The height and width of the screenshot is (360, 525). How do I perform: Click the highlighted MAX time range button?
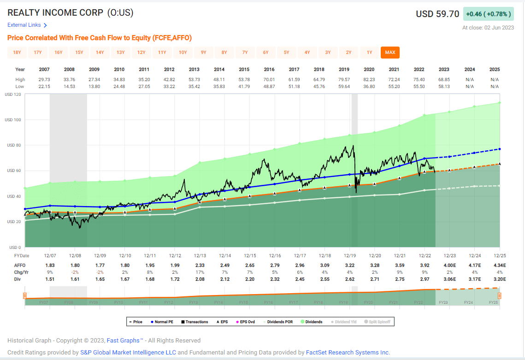[x=390, y=53]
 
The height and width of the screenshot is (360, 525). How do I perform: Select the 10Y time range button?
[x=183, y=53]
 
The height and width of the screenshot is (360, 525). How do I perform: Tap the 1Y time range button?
[x=369, y=53]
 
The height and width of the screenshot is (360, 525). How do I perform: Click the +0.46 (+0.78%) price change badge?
[x=488, y=14]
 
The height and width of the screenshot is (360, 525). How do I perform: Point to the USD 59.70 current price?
[x=437, y=14]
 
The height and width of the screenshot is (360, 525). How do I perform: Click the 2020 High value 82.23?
[x=369, y=80]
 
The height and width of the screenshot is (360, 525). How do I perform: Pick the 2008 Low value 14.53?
[x=69, y=86]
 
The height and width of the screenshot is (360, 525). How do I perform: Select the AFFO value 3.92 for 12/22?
[x=419, y=266]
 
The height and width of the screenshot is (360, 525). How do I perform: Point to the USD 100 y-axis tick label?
[x=13, y=120]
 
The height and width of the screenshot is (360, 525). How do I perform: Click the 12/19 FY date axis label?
[x=344, y=255]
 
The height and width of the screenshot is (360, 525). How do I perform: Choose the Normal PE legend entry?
[x=165, y=322]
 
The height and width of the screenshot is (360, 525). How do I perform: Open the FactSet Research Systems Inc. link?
[x=348, y=353]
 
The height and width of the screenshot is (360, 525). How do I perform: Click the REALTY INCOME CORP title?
[x=55, y=13]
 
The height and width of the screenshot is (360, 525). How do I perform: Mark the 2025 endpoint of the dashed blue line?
[x=500, y=149]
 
